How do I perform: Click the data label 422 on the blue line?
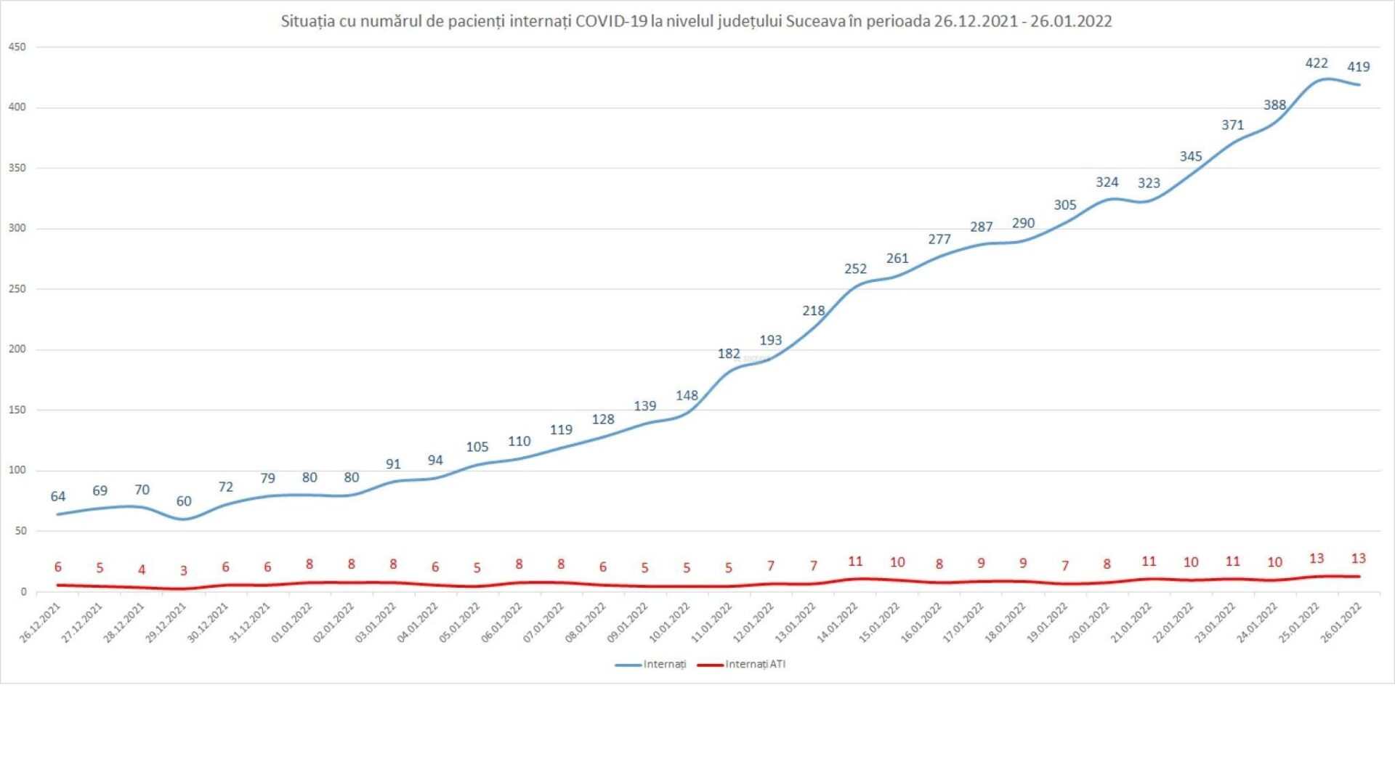point(1316,63)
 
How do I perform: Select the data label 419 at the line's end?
point(1358,67)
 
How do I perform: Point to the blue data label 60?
point(184,501)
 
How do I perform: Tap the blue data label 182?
point(729,354)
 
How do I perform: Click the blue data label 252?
point(855,269)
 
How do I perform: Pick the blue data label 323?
point(1149,183)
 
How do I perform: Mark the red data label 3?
point(184,571)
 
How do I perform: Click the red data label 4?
point(142,570)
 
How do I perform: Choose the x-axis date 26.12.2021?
point(41,623)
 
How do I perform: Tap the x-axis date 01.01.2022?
point(292,623)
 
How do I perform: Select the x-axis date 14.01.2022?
point(838,623)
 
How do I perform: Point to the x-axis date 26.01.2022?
point(1341,623)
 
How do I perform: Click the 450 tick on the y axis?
point(17,47)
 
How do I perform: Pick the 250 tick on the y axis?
point(17,289)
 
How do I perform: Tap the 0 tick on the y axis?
point(23,592)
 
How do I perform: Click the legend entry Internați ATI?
point(755,664)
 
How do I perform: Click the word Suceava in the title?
point(817,21)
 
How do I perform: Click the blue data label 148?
point(687,396)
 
